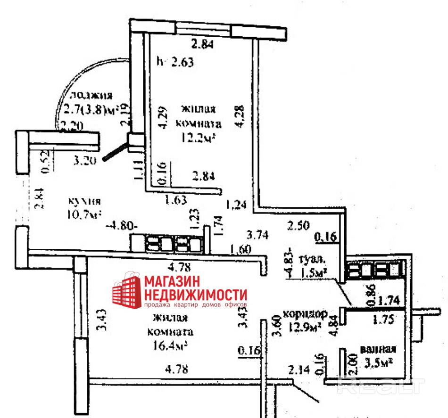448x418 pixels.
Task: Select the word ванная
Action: [378, 350]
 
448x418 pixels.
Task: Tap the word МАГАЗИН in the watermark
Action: [172, 281]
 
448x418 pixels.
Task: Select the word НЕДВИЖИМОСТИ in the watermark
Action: [196, 295]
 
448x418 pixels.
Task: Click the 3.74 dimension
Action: [258, 233]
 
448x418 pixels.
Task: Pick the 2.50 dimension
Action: [299, 225]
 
